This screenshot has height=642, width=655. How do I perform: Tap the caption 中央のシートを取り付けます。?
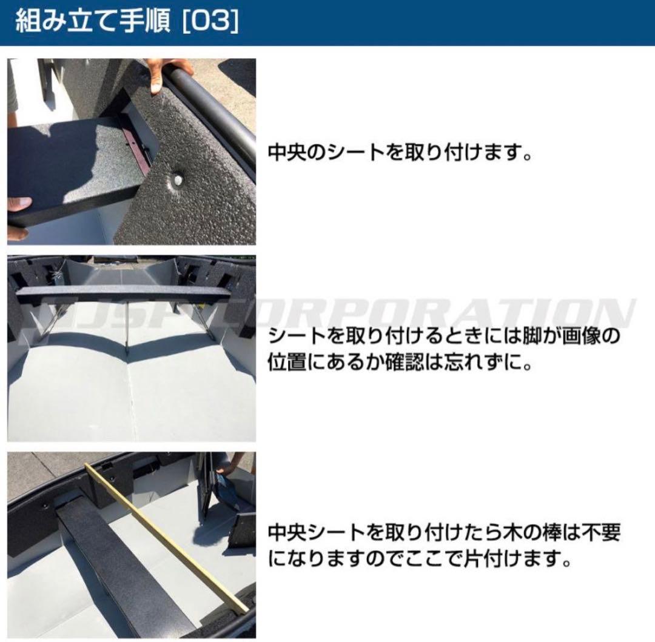click(x=400, y=152)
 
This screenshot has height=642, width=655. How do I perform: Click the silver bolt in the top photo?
click(x=176, y=179)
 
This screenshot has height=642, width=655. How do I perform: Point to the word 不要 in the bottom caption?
click(x=597, y=533)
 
